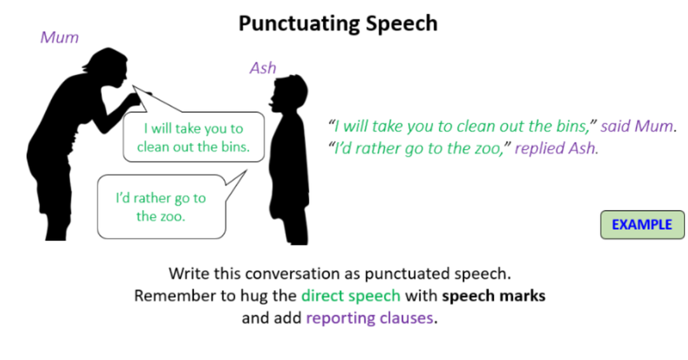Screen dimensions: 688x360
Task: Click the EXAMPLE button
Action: (642, 225)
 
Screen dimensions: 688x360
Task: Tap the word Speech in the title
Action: (402, 24)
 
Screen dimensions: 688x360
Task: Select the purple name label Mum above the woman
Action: (60, 37)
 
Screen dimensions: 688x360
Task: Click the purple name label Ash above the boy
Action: (263, 68)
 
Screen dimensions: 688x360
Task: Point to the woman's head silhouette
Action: (107, 67)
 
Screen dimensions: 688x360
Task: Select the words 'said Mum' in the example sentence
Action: (637, 126)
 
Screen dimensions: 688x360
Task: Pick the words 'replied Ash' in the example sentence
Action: (555, 148)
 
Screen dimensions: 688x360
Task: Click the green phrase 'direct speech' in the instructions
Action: (351, 296)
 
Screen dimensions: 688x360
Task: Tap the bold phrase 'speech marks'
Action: (494, 296)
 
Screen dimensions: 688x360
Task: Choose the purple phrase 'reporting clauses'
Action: (370, 318)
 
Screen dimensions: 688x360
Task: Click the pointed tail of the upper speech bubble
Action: (134, 87)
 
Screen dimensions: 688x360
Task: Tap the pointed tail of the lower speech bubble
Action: (246, 171)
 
